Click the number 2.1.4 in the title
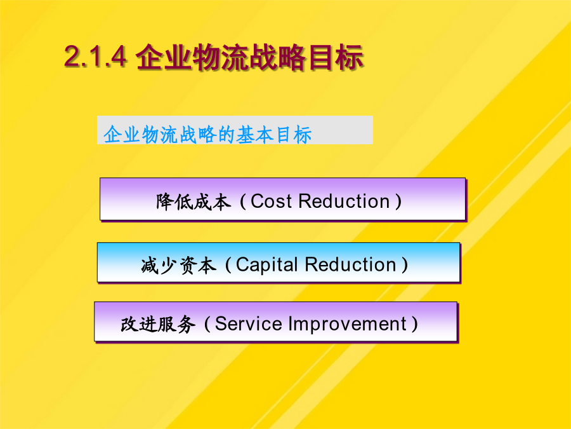96,57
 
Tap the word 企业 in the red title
163,57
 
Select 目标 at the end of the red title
336,57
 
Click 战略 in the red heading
278,57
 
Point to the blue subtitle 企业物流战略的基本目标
207,135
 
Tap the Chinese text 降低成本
194,201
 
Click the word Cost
272,201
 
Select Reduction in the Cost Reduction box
344,201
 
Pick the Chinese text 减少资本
178,265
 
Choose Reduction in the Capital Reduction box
350,264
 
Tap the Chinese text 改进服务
158,324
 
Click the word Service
248,323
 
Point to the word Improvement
348,324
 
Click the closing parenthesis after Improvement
414,324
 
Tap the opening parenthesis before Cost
243,201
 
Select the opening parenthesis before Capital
228,265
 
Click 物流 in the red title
221,57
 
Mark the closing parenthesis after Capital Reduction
404,264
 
